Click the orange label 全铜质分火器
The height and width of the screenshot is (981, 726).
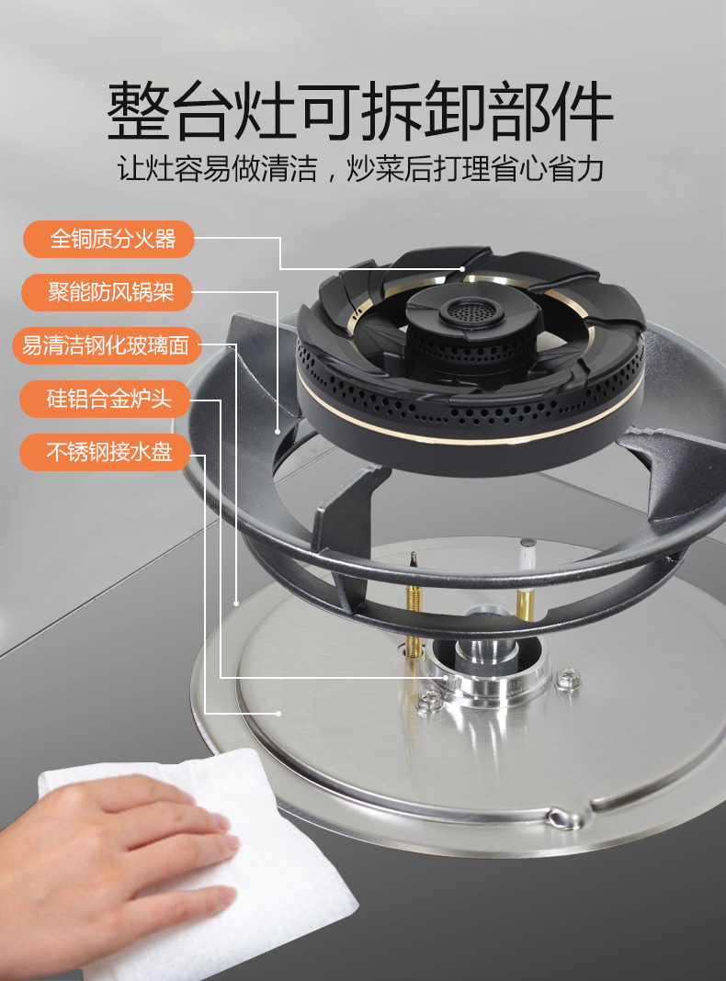click(108, 239)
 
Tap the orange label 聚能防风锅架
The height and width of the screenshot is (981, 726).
click(107, 292)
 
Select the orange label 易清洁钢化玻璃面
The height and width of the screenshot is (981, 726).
click(107, 345)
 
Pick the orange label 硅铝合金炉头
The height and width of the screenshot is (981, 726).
click(105, 399)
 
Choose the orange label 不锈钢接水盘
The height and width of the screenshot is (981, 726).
click(105, 452)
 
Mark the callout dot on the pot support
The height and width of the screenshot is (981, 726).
click(278, 431)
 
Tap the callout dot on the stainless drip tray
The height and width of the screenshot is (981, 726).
click(278, 713)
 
